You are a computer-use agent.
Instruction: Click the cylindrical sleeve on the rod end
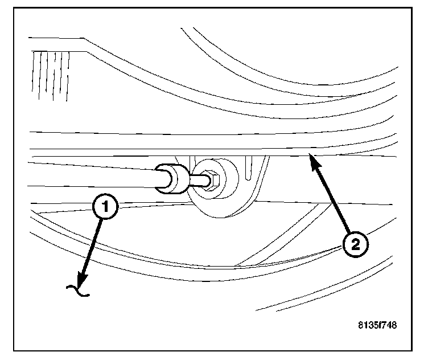(171, 178)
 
